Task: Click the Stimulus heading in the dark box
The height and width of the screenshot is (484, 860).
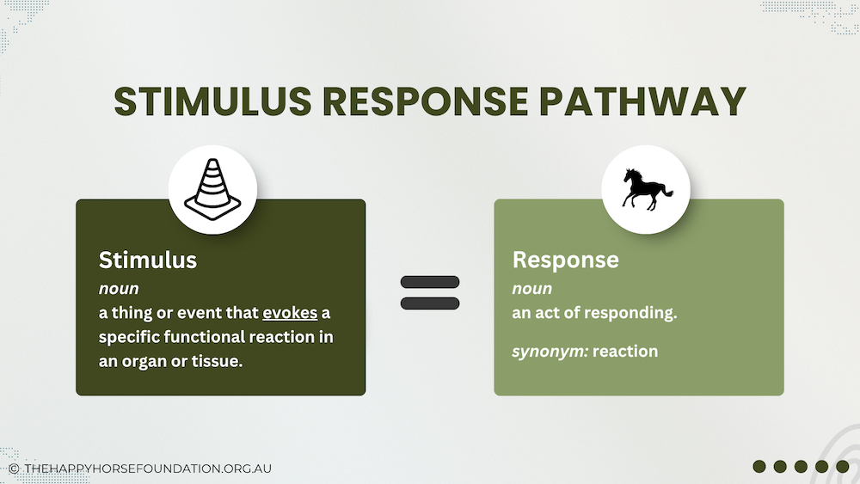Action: (x=148, y=260)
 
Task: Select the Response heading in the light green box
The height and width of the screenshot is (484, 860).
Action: (x=566, y=260)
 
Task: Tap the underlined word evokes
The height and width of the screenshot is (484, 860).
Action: (x=291, y=313)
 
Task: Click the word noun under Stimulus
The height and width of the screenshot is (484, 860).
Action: (x=119, y=289)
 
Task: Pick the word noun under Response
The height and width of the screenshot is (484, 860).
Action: (x=532, y=289)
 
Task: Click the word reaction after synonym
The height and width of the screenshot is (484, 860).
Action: (x=625, y=351)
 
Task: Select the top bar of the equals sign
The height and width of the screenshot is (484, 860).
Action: (x=430, y=282)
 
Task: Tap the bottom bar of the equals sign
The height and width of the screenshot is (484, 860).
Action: (x=430, y=303)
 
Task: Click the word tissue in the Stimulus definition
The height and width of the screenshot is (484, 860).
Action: (x=219, y=361)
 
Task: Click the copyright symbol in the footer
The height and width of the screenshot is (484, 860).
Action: (x=14, y=469)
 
